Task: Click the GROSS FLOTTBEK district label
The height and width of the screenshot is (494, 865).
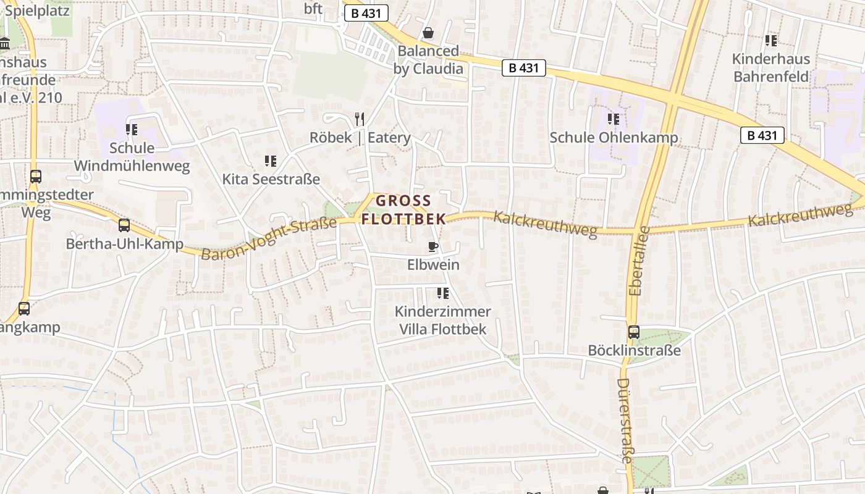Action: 403,209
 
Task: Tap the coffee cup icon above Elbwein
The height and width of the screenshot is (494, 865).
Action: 433,247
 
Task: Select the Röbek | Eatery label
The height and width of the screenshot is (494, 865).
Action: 360,138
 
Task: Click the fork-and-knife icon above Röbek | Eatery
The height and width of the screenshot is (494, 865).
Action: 360,119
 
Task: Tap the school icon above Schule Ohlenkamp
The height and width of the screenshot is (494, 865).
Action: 613,119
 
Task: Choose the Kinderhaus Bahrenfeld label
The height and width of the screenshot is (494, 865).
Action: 770,68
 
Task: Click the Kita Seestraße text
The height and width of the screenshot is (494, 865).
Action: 271,180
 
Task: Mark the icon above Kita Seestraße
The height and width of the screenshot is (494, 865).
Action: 271,161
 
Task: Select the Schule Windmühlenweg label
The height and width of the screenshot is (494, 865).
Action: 132,157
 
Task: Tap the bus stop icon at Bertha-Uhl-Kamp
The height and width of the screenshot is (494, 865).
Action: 124,225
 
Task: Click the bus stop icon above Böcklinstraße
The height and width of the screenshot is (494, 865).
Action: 634,332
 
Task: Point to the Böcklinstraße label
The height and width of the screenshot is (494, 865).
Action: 634,351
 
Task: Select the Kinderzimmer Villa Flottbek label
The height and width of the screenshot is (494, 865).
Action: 442,320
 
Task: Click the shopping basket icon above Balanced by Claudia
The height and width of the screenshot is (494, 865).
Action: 428,32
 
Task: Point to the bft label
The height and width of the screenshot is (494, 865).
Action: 313,9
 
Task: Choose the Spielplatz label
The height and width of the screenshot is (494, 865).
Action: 38,10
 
